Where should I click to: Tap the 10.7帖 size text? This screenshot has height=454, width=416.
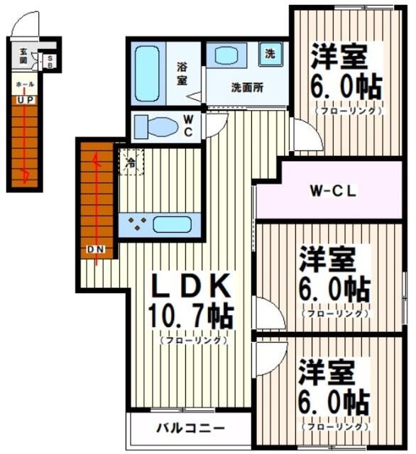tap(191, 314)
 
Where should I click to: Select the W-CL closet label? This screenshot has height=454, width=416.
tap(332, 191)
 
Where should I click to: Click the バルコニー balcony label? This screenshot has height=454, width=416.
tap(190, 428)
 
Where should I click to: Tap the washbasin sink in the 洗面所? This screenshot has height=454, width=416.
tap(227, 56)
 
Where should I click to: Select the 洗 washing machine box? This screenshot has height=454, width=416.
tap(270, 52)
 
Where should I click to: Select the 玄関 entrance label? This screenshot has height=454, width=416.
tap(23, 55)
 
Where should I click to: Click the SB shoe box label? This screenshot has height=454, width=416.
tap(50, 61)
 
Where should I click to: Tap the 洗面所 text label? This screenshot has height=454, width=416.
tap(246, 88)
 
